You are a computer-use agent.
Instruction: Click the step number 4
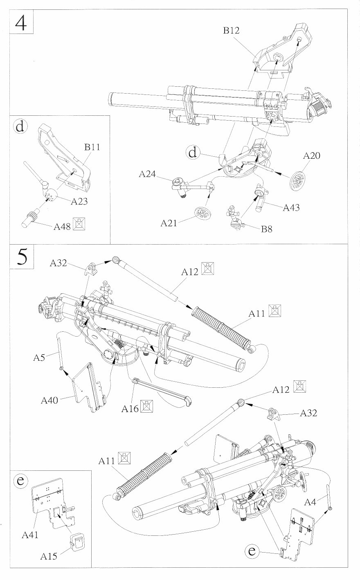[x=21, y=23]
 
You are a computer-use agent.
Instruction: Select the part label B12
[x=231, y=30]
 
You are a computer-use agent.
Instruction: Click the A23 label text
[x=79, y=201]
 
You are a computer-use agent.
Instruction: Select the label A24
[x=147, y=175]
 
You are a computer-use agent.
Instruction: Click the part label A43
[x=291, y=208]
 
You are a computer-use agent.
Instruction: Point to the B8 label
[x=267, y=229]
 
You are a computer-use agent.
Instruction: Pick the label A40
[x=49, y=400]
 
